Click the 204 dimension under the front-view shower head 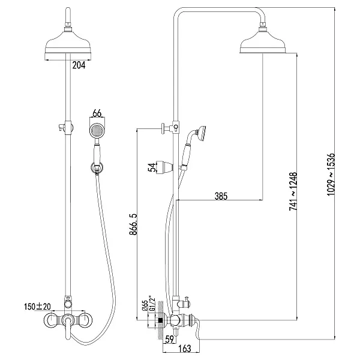[78, 66]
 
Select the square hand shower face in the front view [96, 131]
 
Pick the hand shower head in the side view [200, 132]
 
